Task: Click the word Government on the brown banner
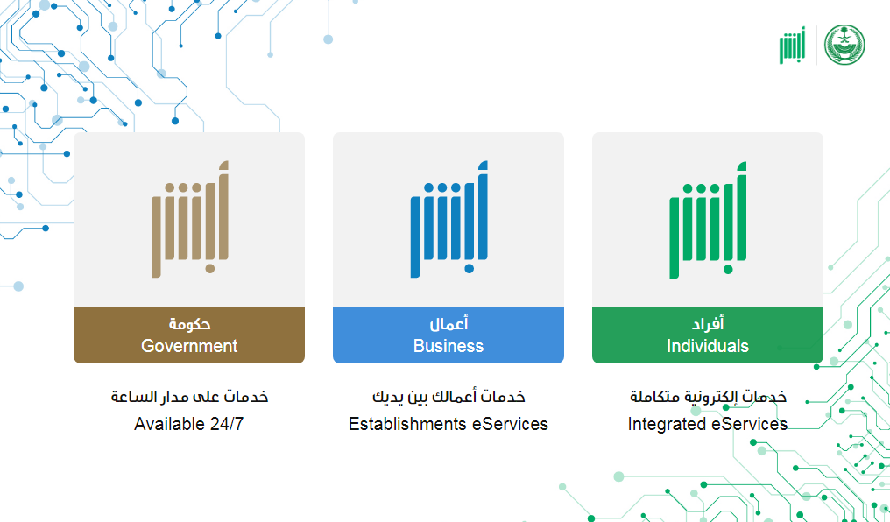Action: tap(189, 346)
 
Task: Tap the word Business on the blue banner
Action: tap(449, 346)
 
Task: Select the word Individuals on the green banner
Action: tap(708, 346)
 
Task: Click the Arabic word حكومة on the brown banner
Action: tap(189, 323)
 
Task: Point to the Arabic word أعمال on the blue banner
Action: tap(449, 323)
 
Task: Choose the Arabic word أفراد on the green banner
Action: tap(708, 323)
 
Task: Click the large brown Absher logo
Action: tap(189, 220)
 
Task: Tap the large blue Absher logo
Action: tap(449, 220)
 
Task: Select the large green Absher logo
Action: tap(708, 220)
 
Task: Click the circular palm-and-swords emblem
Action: tap(844, 45)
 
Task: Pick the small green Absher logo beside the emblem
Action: tap(792, 45)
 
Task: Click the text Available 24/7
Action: tap(189, 424)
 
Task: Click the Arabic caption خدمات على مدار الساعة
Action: tap(189, 396)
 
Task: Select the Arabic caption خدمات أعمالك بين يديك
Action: tap(449, 396)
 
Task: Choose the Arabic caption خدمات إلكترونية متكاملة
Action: tap(708, 396)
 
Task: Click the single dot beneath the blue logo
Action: tap(469, 268)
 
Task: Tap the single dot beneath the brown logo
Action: tap(210, 268)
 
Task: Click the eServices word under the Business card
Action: tap(510, 424)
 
